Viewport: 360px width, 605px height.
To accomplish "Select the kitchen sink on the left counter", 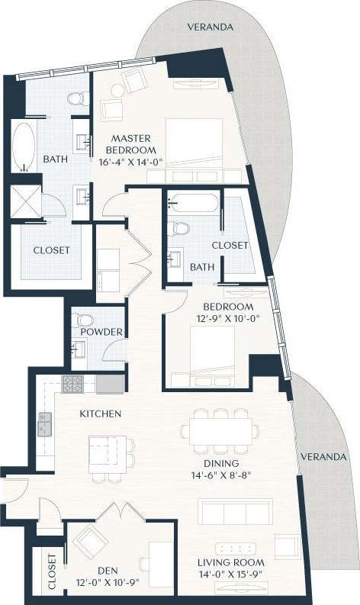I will tap(45, 419).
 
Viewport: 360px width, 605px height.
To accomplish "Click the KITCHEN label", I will tap(101, 414).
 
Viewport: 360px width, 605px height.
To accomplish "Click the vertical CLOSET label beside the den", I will tap(52, 571).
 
